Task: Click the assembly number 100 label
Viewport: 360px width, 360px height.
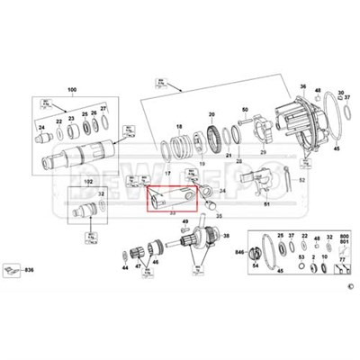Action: [x=72, y=91]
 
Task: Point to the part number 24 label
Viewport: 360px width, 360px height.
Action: [x=41, y=127]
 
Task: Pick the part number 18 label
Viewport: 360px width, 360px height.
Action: [x=179, y=127]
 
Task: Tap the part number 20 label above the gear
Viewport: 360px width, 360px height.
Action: [x=212, y=117]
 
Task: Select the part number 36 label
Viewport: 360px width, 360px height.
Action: [x=303, y=87]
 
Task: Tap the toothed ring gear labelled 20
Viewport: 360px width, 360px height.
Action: [x=214, y=140]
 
